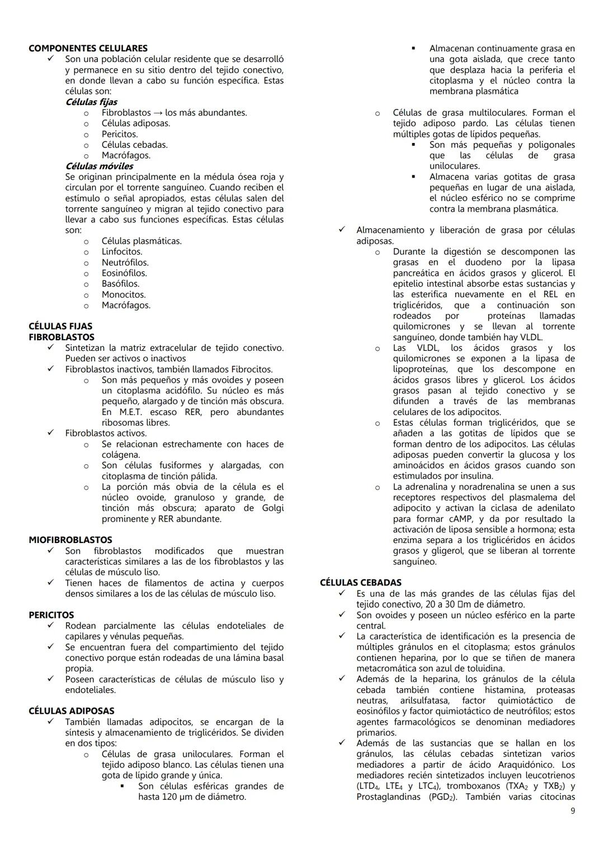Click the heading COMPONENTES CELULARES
point(88,48)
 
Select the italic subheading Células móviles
point(99,166)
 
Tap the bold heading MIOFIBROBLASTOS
point(70,540)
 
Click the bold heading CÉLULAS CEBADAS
point(360,583)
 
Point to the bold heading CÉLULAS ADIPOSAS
point(71,711)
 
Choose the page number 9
point(572,811)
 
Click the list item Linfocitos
point(122,251)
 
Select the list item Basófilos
point(120,284)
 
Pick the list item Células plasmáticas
point(141,241)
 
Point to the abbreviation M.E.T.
point(116,412)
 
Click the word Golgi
point(272,508)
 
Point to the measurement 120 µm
point(180,797)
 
